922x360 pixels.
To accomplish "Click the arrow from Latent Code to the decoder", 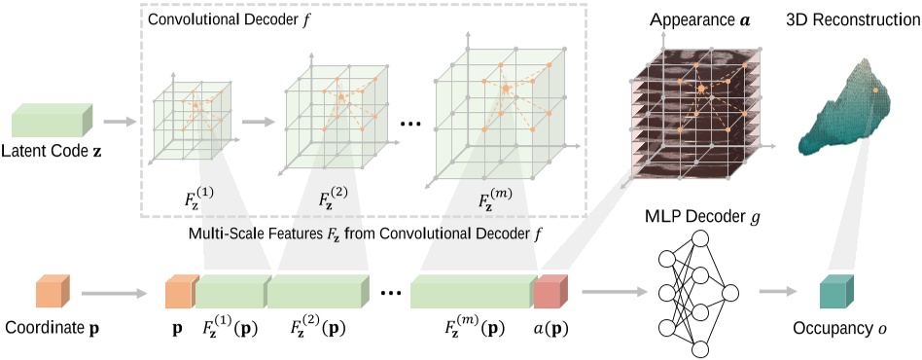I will click(x=121, y=122).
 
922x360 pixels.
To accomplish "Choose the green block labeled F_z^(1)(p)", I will click(x=232, y=292).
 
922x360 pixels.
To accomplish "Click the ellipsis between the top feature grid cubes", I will click(x=408, y=125).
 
